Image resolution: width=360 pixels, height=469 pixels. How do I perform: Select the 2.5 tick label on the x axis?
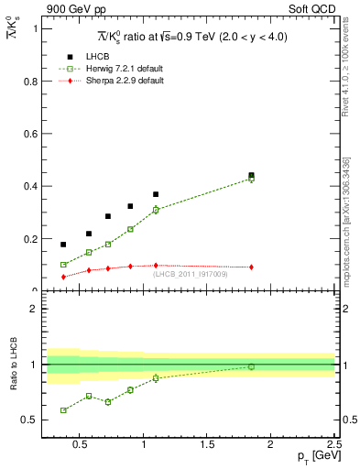click(x=333, y=446)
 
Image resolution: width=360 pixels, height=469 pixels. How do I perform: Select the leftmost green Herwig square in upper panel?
click(x=63, y=265)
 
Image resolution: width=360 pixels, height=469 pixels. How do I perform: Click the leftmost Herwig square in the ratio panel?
click(x=63, y=410)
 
